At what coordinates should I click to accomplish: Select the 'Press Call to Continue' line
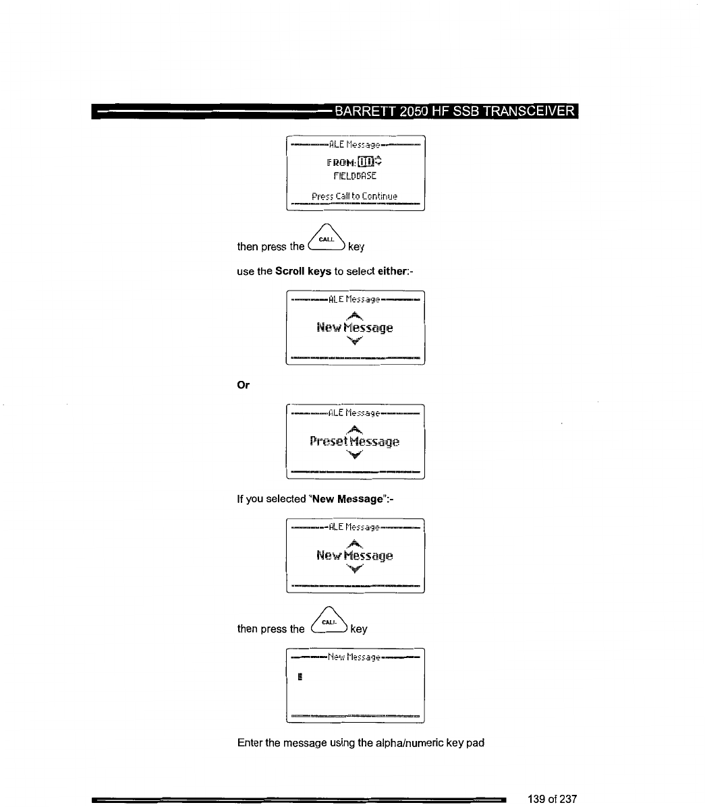354,196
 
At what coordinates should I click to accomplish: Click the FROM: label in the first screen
341,162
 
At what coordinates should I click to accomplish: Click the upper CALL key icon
327,239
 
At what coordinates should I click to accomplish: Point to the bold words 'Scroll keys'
304,271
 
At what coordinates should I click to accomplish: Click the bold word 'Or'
244,386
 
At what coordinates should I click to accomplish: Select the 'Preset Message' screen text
354,442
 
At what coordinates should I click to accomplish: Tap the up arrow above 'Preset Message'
355,429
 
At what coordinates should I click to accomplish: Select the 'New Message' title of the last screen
354,656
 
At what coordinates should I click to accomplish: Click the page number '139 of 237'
552,799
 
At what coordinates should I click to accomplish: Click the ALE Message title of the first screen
354,144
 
